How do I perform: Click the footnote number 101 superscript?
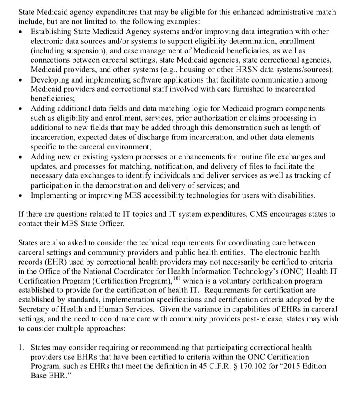coord(177,277)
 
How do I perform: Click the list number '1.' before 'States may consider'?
coord(21,348)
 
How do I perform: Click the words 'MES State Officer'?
coord(93,224)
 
